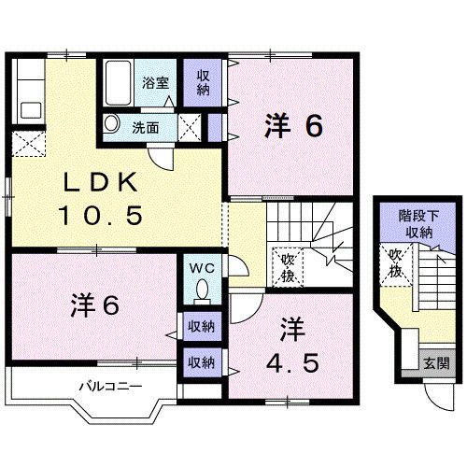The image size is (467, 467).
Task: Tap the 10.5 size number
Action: tap(104, 216)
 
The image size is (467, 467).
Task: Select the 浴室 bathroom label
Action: tap(155, 82)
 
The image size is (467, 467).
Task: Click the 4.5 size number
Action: tap(291, 361)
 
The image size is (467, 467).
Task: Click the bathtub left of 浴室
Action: tap(119, 82)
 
